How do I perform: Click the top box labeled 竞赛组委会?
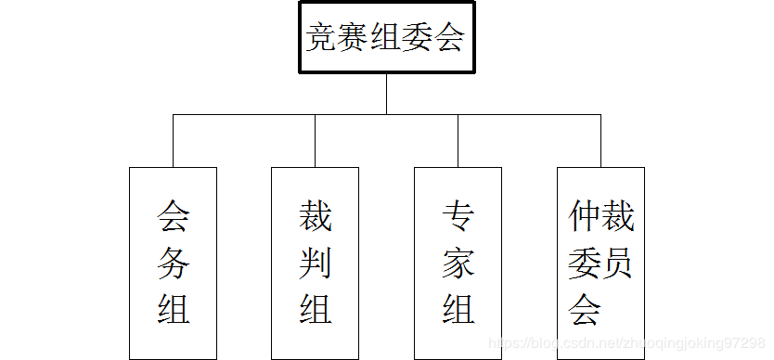386,39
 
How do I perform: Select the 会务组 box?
173,263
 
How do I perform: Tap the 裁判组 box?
316,263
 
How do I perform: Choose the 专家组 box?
458,263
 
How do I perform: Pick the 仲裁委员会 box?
600,263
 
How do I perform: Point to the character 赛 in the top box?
354,39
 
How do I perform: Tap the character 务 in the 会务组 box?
174,264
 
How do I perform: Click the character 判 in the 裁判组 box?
316,264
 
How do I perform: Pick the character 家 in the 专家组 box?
458,264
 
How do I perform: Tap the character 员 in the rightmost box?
617,264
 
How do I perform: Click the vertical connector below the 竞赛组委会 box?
386,94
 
